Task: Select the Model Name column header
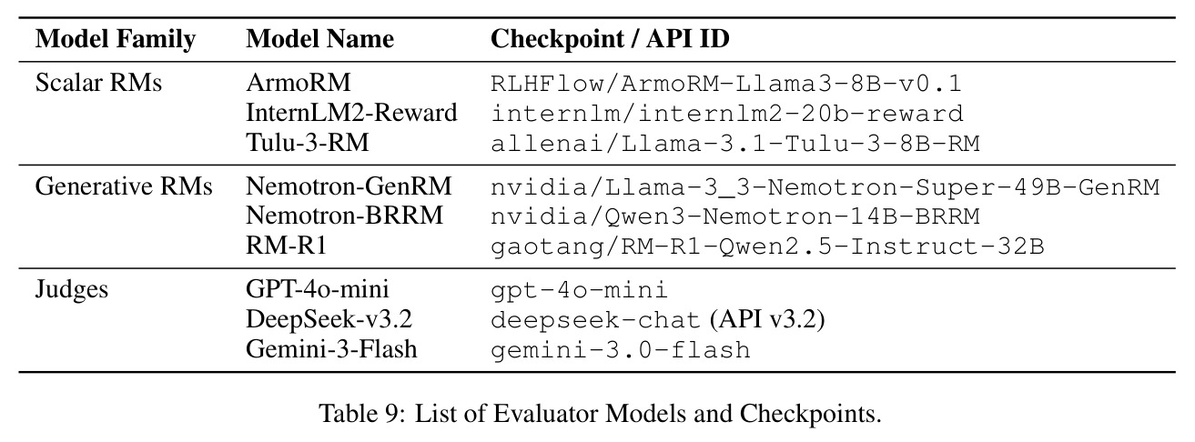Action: (319, 39)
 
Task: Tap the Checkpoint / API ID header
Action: (610, 39)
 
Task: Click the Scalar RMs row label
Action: (98, 83)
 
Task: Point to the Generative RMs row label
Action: (124, 186)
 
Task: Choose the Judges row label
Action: (72, 290)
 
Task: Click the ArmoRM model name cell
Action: (299, 83)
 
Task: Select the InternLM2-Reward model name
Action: (351, 113)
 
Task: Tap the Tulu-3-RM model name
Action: (308, 143)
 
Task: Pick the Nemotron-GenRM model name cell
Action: (349, 186)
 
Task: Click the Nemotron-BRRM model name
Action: (344, 216)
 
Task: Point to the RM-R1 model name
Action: (286, 246)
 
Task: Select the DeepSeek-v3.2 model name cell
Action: (329, 319)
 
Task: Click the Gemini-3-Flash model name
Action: (331, 349)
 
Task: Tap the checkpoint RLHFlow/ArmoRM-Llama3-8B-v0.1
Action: (726, 84)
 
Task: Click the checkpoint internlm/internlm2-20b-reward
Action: (727, 114)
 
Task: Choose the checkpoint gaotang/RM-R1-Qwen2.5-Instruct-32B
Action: (767, 246)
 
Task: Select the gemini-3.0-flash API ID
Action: (621, 350)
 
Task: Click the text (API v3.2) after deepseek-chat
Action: (767, 320)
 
